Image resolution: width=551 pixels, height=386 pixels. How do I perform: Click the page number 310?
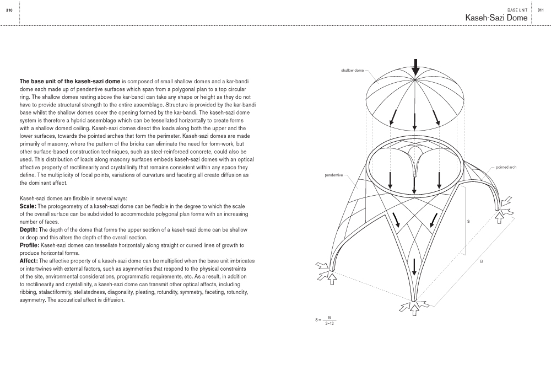coord(9,9)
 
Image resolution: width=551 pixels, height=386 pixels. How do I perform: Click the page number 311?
coord(541,9)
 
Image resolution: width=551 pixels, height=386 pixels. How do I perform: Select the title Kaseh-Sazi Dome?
coord(496,18)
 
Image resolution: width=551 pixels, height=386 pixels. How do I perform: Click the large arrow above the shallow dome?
coord(415,66)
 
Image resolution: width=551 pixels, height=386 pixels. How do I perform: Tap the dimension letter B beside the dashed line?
coord(481,261)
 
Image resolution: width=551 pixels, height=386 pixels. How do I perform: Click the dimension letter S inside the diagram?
coord(468,221)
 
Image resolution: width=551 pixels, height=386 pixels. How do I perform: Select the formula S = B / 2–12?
coord(326,320)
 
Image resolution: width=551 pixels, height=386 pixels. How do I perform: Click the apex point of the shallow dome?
coord(415,79)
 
